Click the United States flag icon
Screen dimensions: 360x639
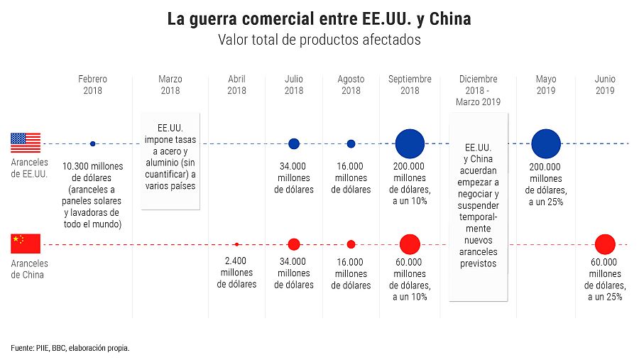tap(26, 143)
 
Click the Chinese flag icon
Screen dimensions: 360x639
tap(26, 244)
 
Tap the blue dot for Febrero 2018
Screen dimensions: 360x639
tap(93, 143)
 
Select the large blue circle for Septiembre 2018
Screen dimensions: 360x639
tap(410, 143)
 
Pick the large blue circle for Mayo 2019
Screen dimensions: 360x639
tap(546, 143)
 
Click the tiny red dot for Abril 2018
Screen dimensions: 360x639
tap(236, 244)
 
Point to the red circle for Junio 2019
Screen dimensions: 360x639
tap(605, 244)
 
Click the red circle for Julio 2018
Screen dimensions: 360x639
tap(294, 244)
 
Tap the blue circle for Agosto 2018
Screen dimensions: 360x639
tap(351, 143)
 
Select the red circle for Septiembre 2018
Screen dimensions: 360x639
tap(410, 244)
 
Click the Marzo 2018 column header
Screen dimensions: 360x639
tap(170, 84)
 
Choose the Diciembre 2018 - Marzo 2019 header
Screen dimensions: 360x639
tap(478, 90)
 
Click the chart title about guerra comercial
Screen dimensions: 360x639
tap(319, 19)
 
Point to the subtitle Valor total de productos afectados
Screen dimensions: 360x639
tap(319, 40)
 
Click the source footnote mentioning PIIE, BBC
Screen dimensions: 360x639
tap(70, 348)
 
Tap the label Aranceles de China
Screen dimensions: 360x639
tap(30, 269)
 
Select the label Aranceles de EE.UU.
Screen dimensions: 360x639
tap(30, 168)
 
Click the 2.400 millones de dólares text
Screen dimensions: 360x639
tap(236, 273)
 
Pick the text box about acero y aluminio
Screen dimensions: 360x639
tap(170, 160)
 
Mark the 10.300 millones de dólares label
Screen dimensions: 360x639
tap(93, 195)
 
